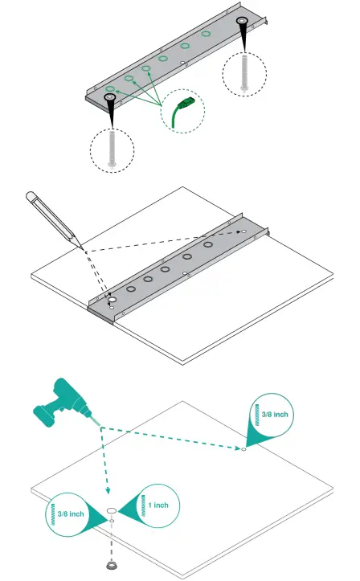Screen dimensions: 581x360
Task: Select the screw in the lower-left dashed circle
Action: (x=112, y=149)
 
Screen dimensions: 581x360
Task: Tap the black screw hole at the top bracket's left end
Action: (x=109, y=98)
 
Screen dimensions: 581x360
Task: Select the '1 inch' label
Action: (x=158, y=504)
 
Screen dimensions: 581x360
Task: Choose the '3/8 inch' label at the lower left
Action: (x=71, y=513)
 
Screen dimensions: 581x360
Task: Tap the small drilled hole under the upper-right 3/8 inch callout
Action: (x=243, y=448)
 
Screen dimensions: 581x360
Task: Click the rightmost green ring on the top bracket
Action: (x=206, y=35)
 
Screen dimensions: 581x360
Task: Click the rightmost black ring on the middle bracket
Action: (x=207, y=243)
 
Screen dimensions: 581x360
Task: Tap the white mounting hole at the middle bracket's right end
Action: (x=240, y=233)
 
